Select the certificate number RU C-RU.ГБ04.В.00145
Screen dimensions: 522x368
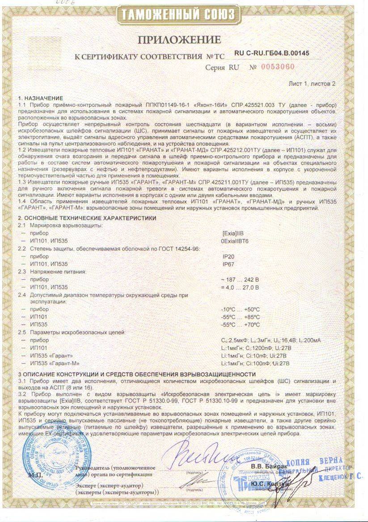[271, 53]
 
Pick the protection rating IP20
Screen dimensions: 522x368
[228, 257]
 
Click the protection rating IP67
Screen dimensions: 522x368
[228, 264]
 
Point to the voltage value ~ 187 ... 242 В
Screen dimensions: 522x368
[240, 280]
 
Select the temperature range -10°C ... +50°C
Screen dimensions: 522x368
[240, 310]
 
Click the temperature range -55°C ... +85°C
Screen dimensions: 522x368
[240, 317]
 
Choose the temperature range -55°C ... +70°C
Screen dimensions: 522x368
[240, 324]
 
